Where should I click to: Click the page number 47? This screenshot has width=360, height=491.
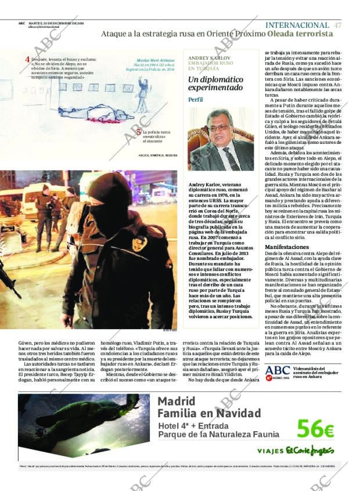(337, 25)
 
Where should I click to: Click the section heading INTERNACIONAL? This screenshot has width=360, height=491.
(297, 25)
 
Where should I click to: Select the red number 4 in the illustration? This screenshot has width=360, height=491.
(27, 59)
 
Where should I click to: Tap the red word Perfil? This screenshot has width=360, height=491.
(196, 99)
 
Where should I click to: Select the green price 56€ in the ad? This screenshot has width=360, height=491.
(315, 429)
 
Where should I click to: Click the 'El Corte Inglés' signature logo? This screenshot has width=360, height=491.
(310, 450)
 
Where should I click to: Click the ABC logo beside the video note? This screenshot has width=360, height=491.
(278, 370)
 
